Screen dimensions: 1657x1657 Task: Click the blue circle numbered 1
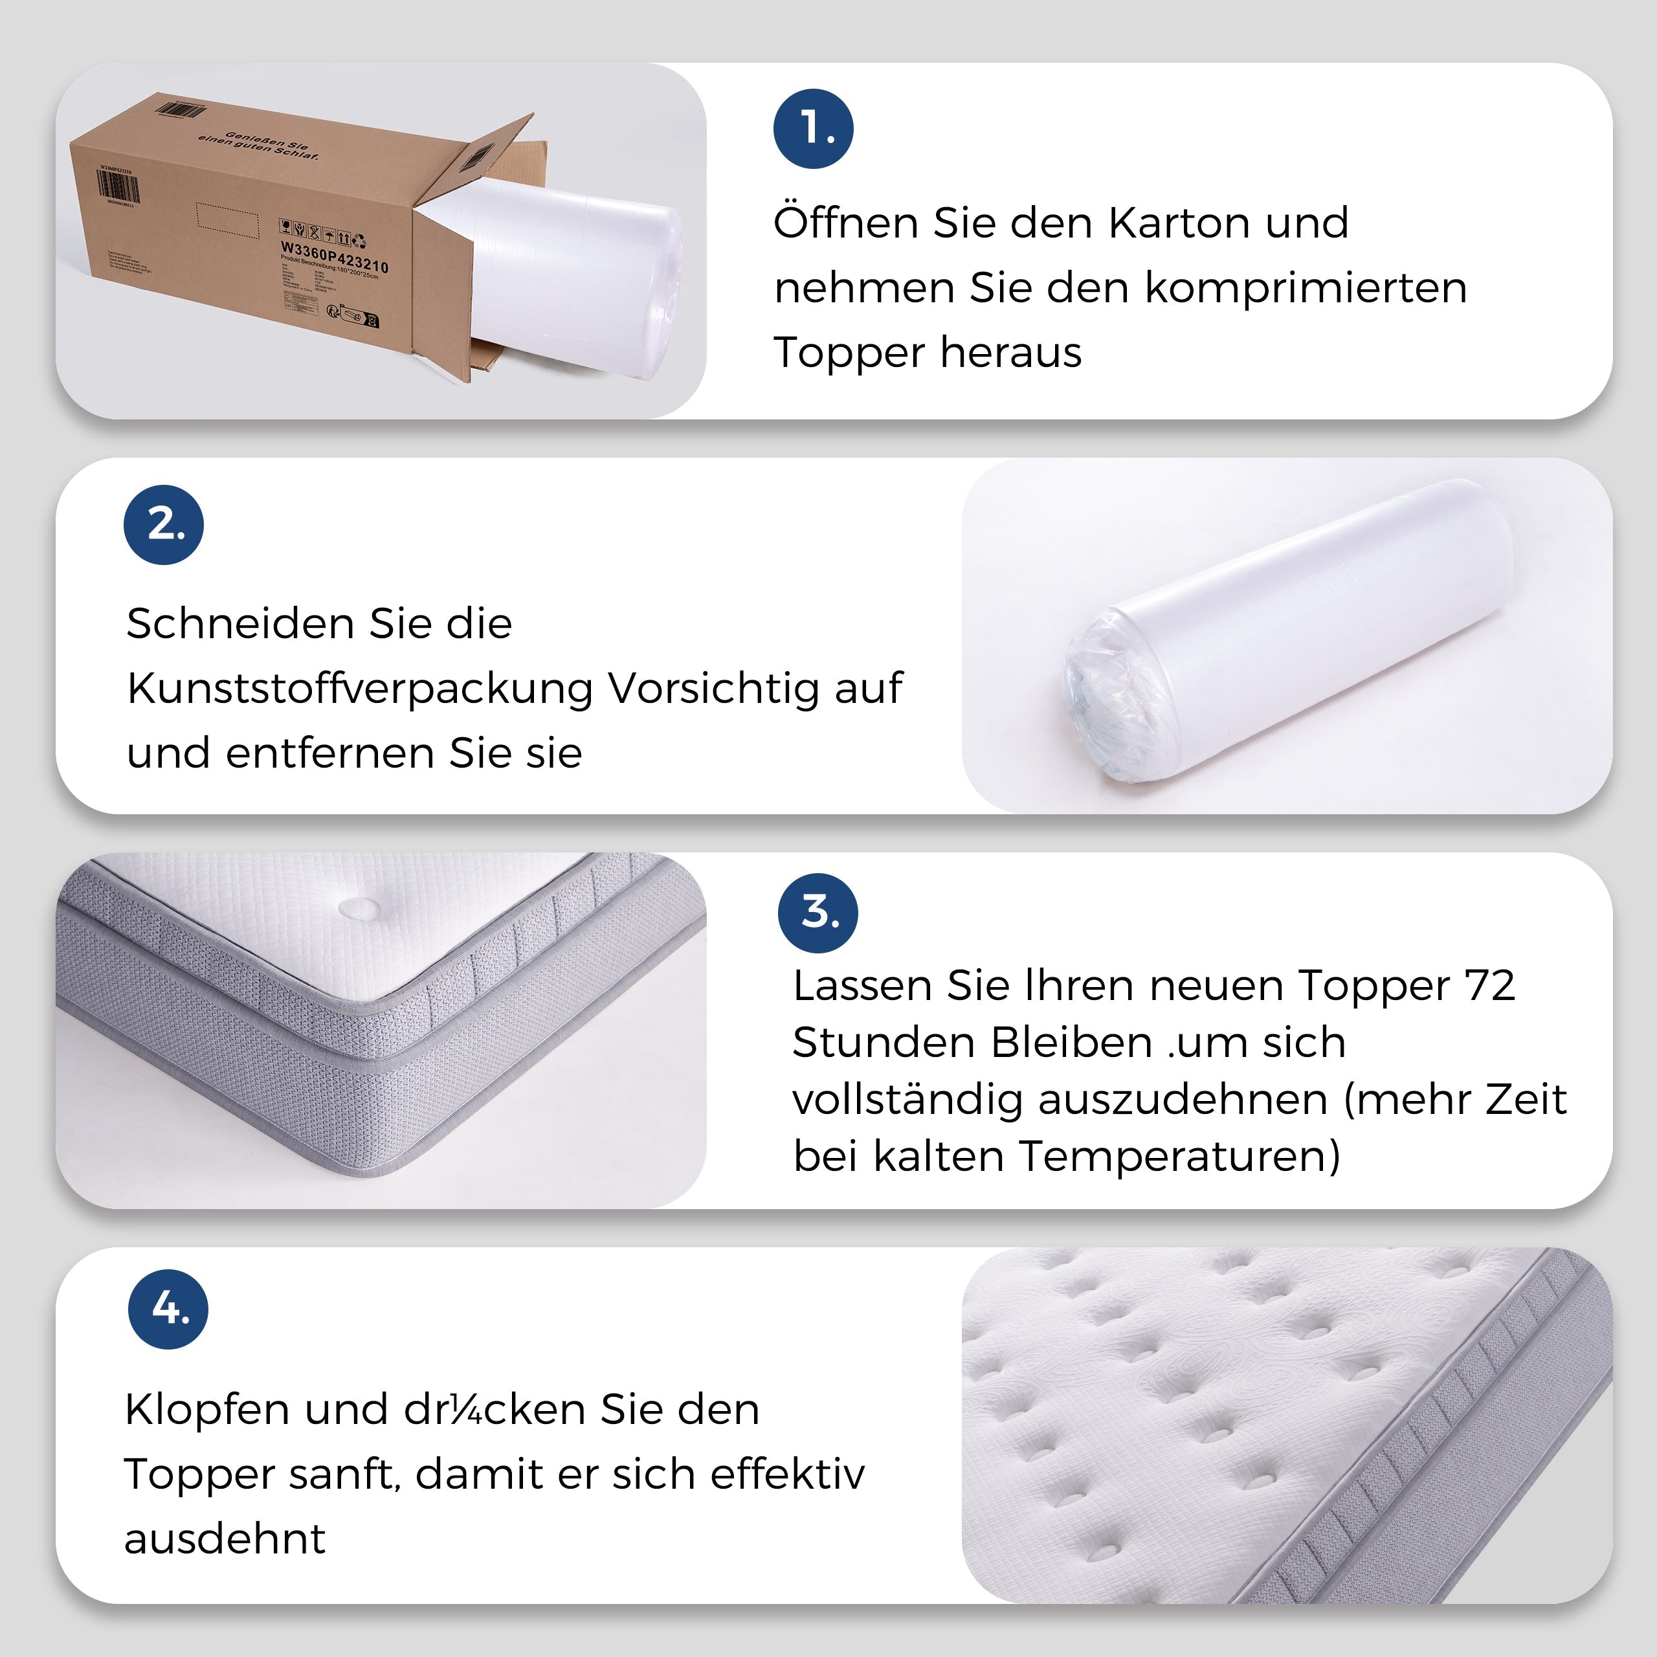[x=813, y=129]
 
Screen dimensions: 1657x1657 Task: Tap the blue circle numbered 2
[x=164, y=525]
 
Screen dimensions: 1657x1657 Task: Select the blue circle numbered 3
[x=817, y=913]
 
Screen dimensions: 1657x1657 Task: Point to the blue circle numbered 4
[x=168, y=1309]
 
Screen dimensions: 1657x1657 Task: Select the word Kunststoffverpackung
[x=361, y=689]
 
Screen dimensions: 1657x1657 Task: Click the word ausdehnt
[x=225, y=1539]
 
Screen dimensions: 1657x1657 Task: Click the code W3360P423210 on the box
[x=335, y=255]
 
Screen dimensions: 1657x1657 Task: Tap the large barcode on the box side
[x=118, y=187]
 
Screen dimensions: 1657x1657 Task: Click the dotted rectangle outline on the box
[x=227, y=219]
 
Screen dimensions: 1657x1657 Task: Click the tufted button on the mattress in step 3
[x=361, y=907]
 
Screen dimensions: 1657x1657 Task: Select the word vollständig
[x=907, y=1100]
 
